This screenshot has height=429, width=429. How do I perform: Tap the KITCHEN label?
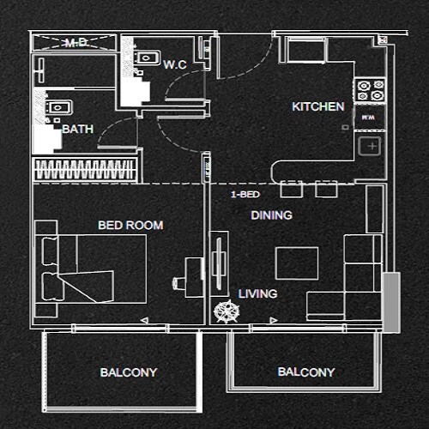click(x=318, y=107)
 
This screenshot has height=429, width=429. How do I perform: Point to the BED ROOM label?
click(x=130, y=226)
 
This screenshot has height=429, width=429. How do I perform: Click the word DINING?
click(x=271, y=215)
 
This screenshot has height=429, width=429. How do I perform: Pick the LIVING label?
click(x=257, y=293)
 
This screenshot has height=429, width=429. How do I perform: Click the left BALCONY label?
click(x=128, y=372)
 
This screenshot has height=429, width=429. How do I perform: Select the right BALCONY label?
click(x=306, y=372)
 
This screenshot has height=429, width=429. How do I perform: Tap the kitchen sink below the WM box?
click(x=372, y=146)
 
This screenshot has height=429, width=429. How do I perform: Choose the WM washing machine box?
click(x=368, y=117)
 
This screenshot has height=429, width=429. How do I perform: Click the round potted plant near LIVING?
click(x=226, y=311)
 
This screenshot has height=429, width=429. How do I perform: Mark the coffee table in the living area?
click(x=297, y=262)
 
